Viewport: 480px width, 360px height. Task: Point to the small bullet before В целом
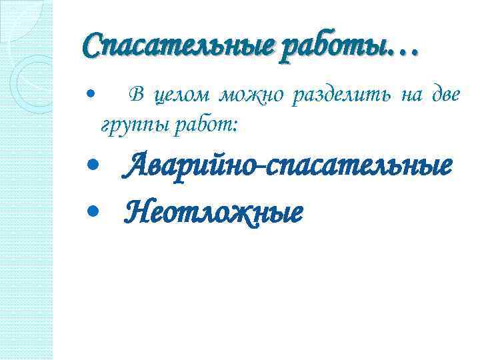[92, 97]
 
